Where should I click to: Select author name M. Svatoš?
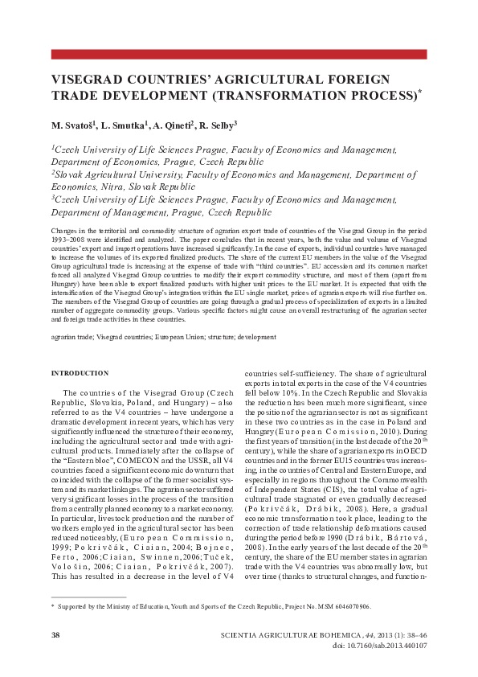[x=73, y=125]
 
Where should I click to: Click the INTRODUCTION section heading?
[x=80, y=374]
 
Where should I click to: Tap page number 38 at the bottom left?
[x=56, y=635]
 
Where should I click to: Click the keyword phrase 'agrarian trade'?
[x=71, y=338]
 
